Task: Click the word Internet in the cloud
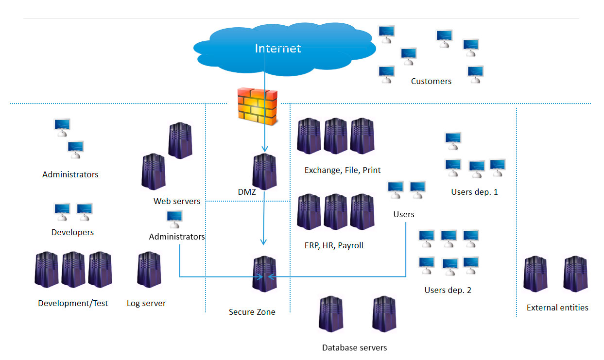278,48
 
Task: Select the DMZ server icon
264,172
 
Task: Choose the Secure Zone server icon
264,274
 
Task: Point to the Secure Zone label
252,312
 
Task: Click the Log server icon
149,270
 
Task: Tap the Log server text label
146,304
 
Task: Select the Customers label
431,82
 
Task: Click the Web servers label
177,201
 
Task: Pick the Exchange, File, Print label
343,171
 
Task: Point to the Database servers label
355,348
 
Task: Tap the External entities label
557,308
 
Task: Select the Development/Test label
73,304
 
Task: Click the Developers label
72,233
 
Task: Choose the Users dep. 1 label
474,192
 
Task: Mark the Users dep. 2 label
448,291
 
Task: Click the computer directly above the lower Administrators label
174,219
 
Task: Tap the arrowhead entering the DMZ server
264,150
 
